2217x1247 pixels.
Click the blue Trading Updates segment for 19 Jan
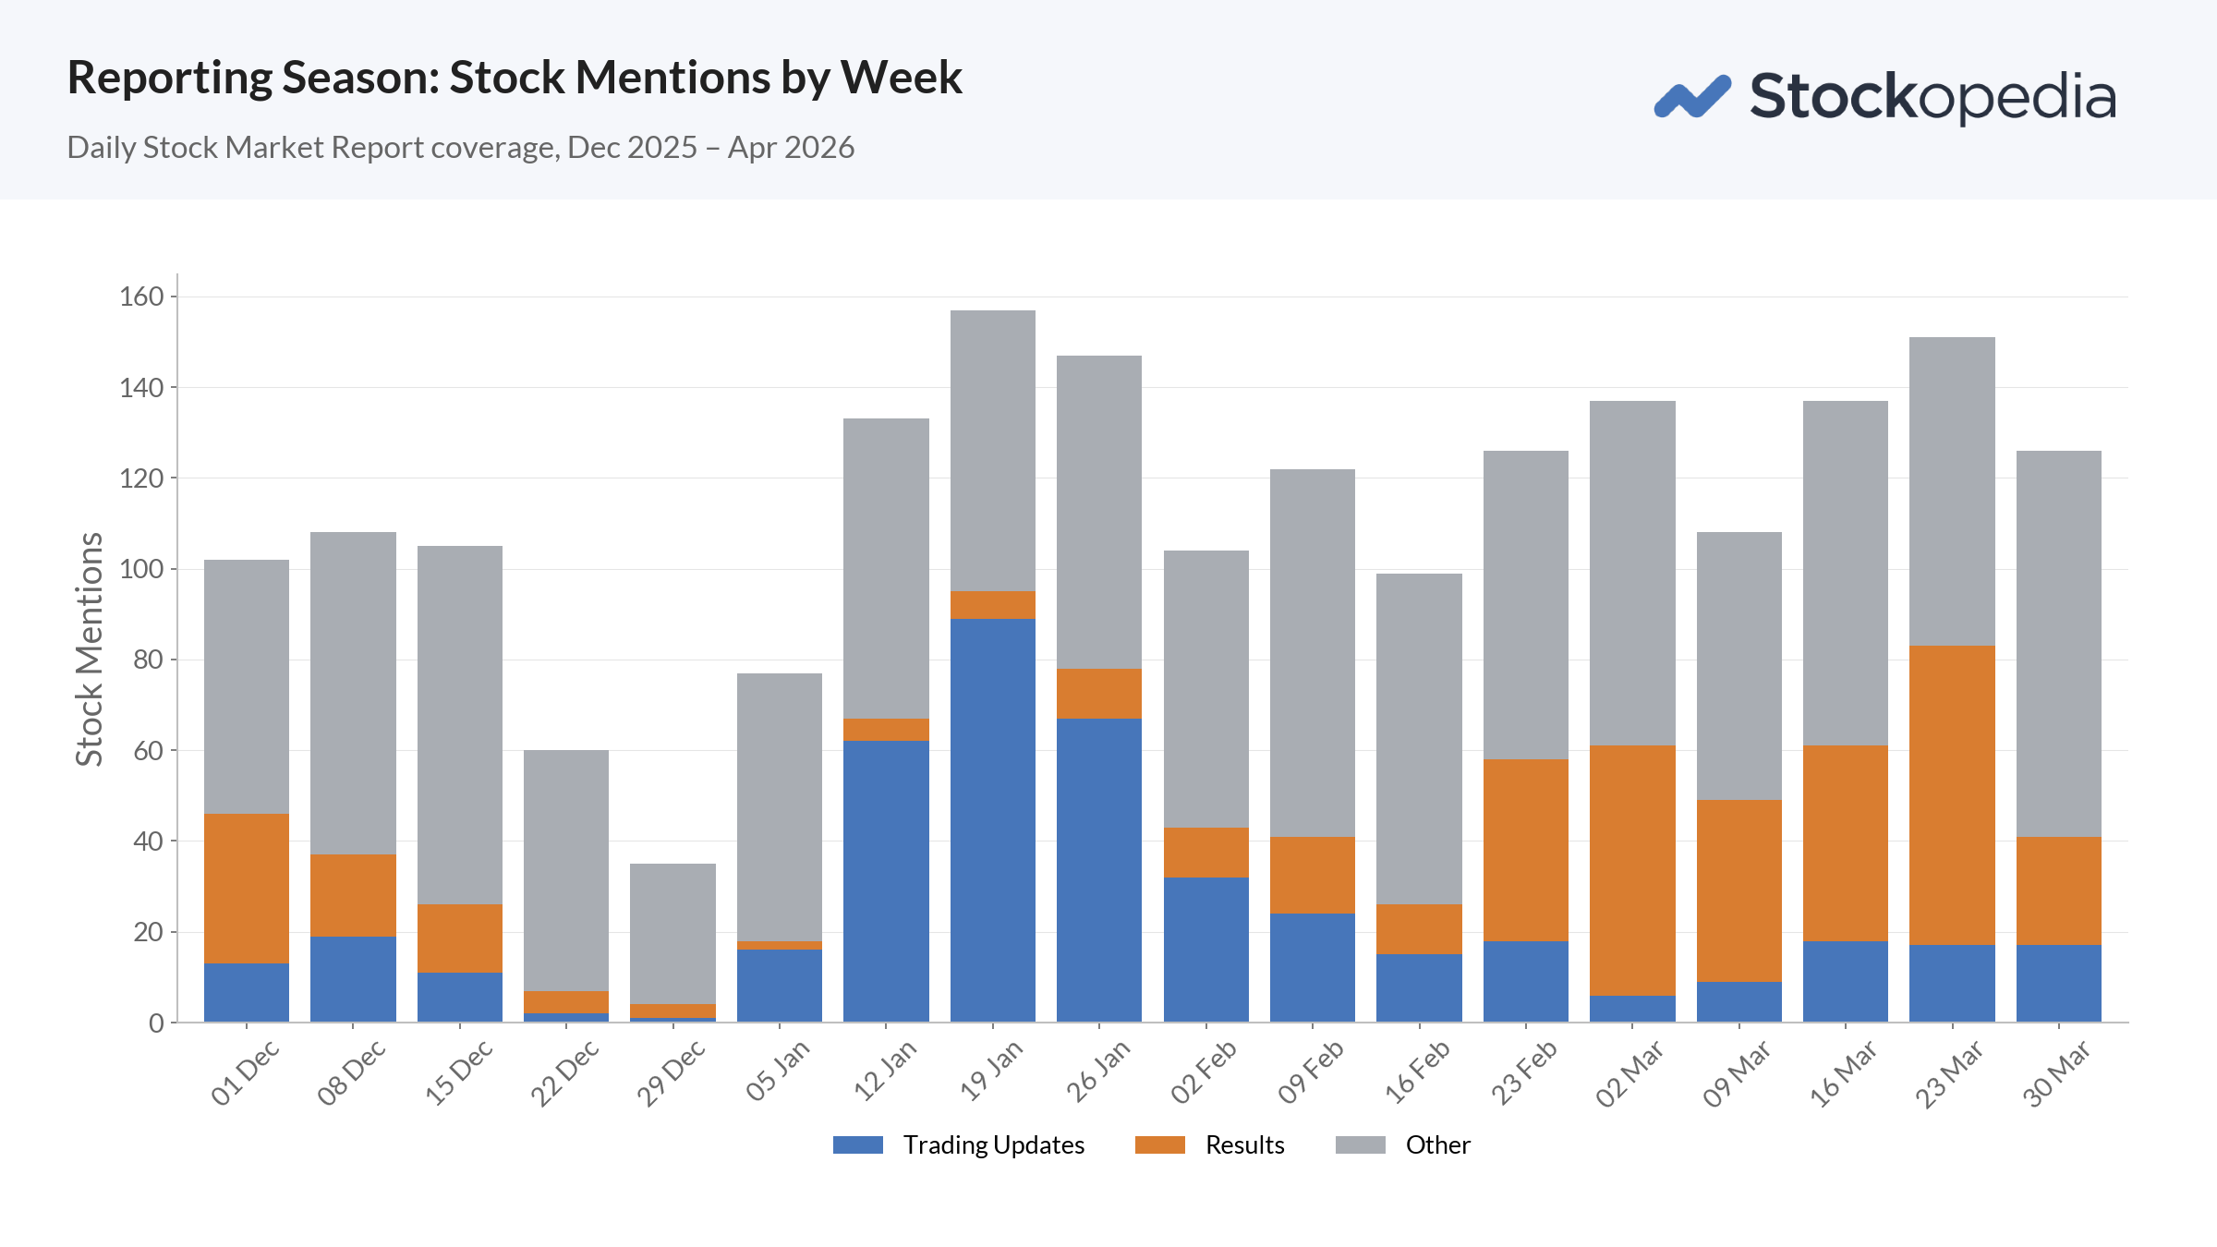992,820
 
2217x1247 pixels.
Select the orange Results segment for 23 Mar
1952,795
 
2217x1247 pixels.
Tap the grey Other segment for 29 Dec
672,934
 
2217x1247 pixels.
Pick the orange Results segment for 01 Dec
246,889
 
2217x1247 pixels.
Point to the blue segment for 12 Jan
886,881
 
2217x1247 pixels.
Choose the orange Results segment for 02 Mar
1632,870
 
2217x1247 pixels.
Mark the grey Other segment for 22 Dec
566,870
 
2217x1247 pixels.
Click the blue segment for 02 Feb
1205,950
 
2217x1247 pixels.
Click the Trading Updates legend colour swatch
858,1145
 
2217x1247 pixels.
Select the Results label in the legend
1244,1145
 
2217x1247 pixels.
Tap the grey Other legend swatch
1360,1145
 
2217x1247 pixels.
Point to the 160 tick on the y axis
141,297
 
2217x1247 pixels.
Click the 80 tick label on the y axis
148,660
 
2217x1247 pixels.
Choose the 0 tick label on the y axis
156,1023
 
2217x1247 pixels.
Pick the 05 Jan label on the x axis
778,1071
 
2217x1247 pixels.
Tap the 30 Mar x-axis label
2056,1073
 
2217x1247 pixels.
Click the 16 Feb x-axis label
1417,1072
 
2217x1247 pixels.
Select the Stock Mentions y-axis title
89,648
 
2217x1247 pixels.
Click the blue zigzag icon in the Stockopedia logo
1692,97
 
